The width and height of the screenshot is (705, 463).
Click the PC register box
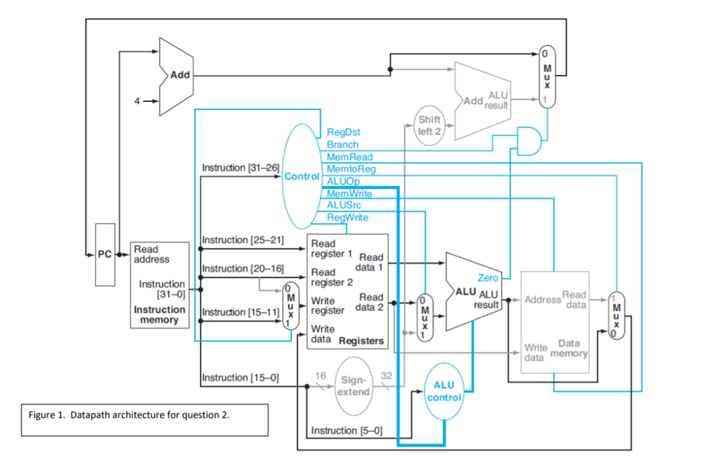pyautogui.click(x=105, y=255)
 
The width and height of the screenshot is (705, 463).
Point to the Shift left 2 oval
pyautogui.click(x=429, y=125)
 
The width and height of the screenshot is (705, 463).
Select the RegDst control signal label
pyautogui.click(x=344, y=132)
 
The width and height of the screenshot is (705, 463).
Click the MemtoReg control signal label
pyautogui.click(x=351, y=169)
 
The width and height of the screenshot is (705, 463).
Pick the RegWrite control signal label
pyautogui.click(x=347, y=217)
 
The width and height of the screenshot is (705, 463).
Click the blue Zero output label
pyautogui.click(x=488, y=278)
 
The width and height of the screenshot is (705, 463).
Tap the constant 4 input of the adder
pyautogui.click(x=138, y=100)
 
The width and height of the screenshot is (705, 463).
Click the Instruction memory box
pyautogui.click(x=160, y=285)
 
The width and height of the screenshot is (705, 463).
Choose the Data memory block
pyautogui.click(x=556, y=322)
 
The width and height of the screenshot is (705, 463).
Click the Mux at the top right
pyautogui.click(x=547, y=76)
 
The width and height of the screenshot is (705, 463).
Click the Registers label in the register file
pyautogui.click(x=361, y=341)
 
